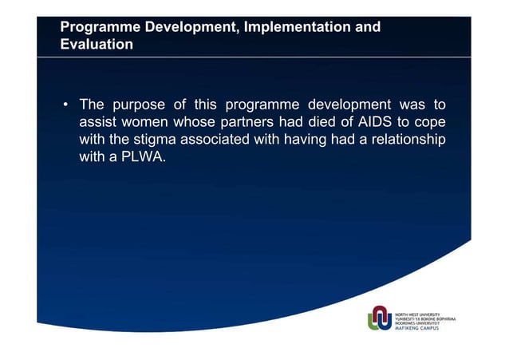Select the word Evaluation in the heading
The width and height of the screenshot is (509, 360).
click(97, 45)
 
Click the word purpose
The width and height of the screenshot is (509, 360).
click(139, 105)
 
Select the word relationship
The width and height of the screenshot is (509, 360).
click(404, 140)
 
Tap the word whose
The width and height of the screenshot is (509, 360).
click(207, 123)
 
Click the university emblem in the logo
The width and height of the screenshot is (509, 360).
click(380, 317)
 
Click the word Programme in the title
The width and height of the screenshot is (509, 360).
click(98, 28)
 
